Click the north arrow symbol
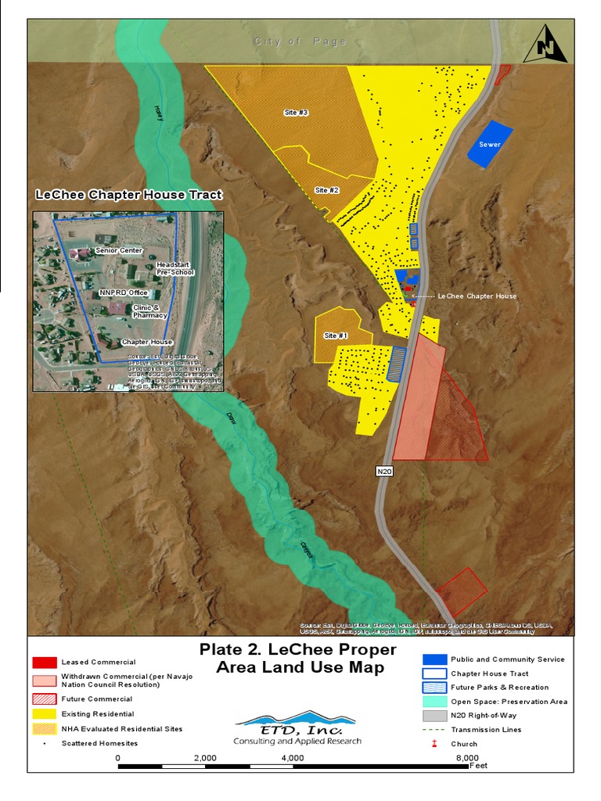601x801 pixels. (x=545, y=45)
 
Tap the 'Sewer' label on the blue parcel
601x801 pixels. (x=490, y=145)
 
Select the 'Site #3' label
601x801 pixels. (x=296, y=113)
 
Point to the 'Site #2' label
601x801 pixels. (x=326, y=190)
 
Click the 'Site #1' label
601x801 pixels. (x=336, y=336)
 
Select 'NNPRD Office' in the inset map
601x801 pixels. (x=124, y=293)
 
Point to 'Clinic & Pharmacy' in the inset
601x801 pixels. (x=149, y=311)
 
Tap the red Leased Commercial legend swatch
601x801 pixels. (x=45, y=663)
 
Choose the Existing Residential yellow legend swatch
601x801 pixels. (x=45, y=714)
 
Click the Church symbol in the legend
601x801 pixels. (x=434, y=744)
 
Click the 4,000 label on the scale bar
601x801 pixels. (x=292, y=758)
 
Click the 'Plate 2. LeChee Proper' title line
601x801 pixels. (x=297, y=650)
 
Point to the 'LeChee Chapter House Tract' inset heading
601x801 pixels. (x=129, y=195)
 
